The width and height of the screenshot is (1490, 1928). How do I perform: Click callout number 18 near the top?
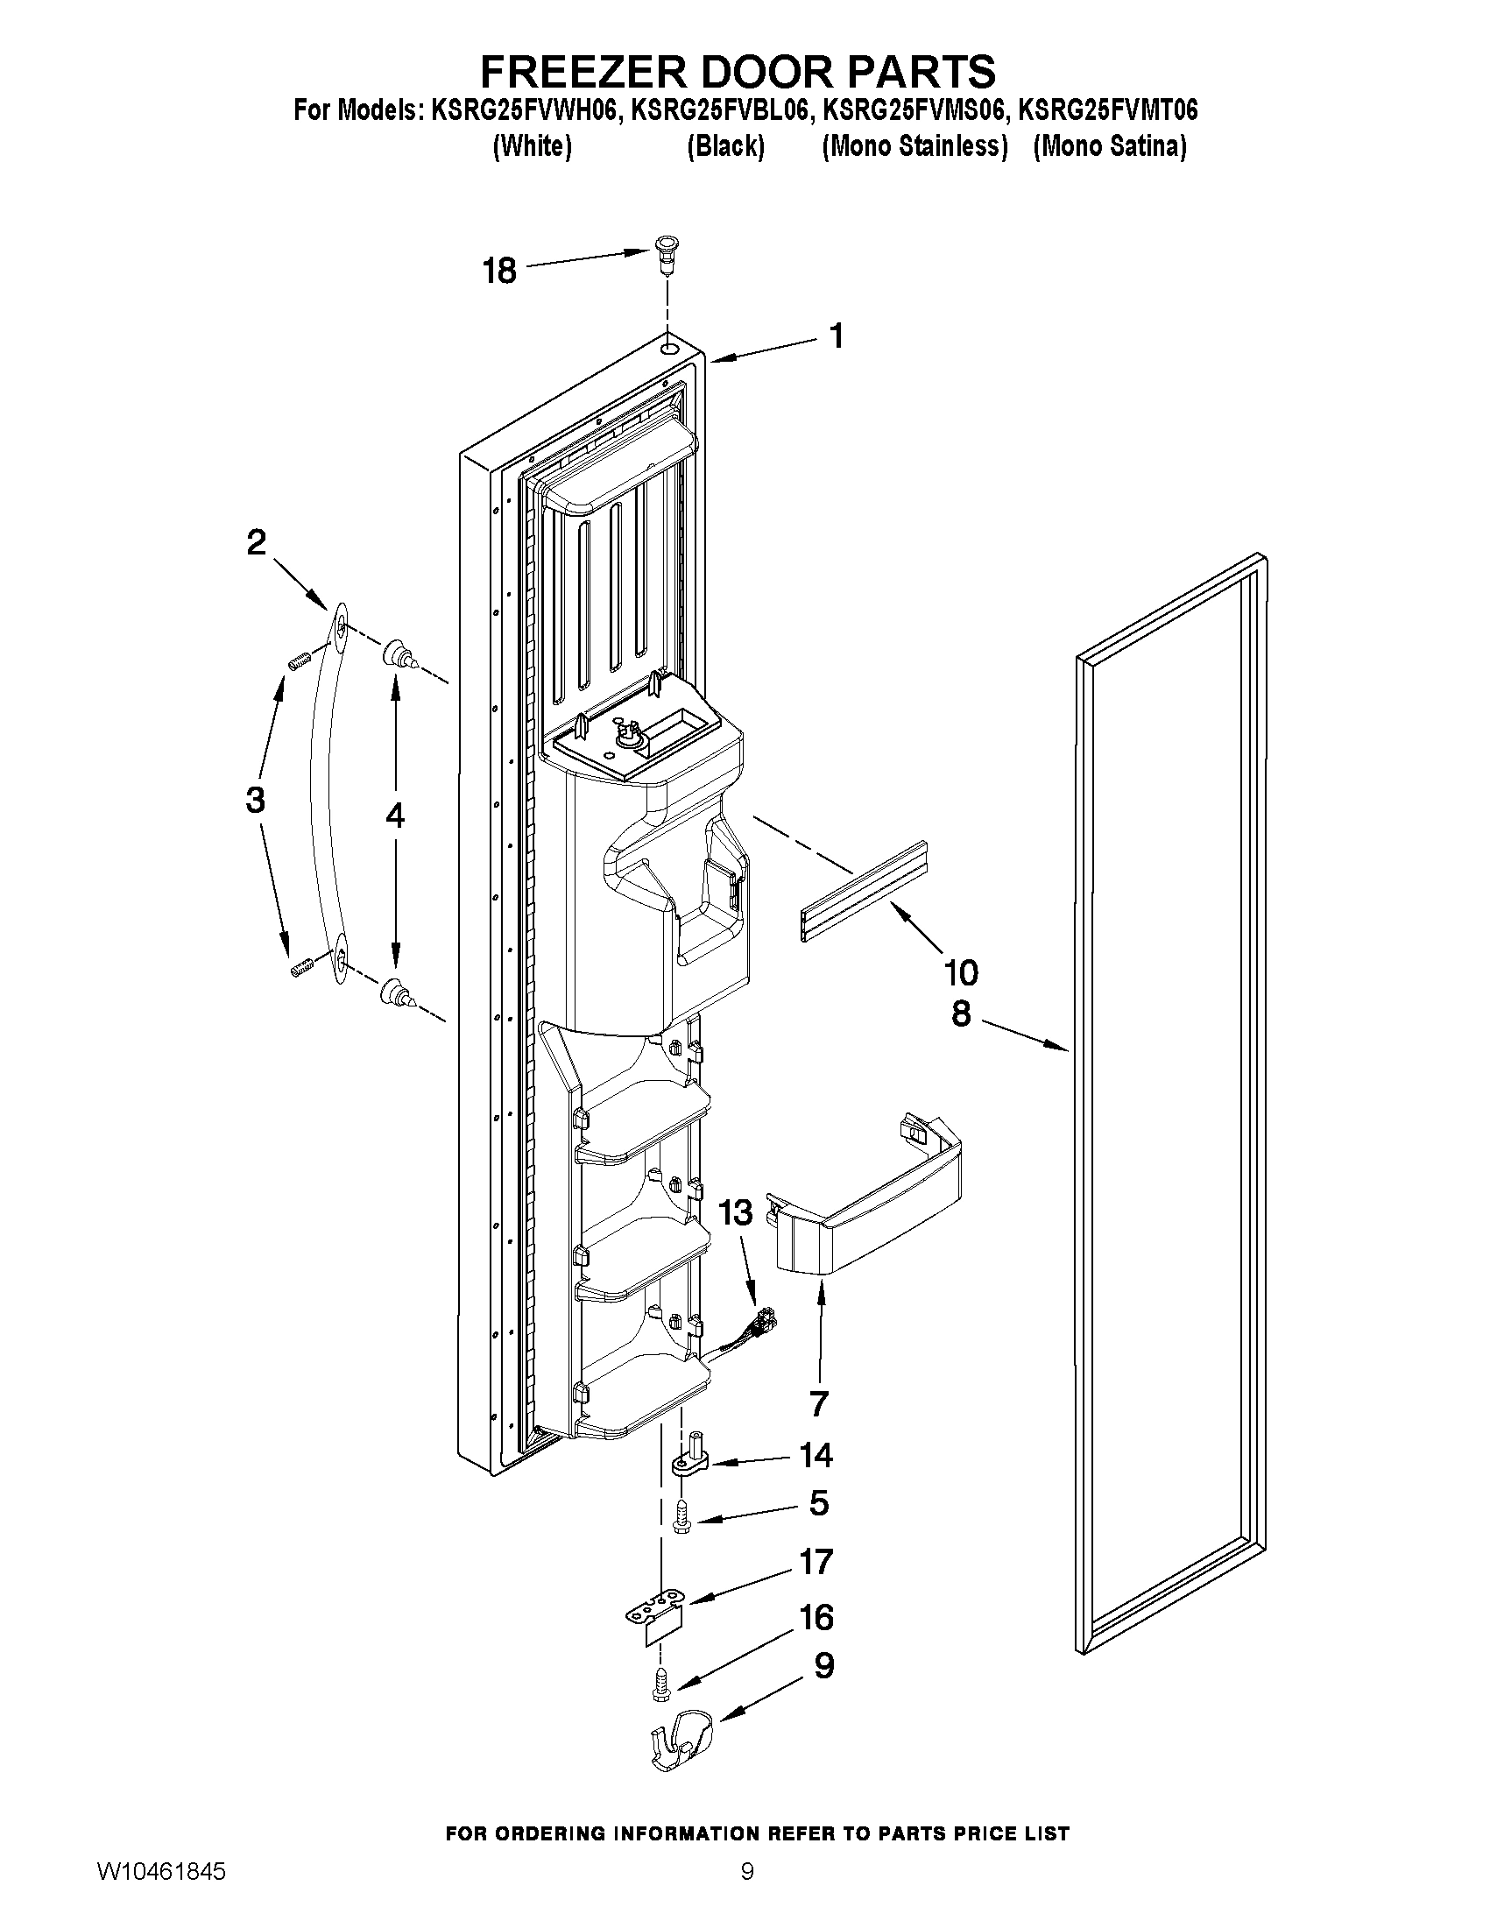click(498, 270)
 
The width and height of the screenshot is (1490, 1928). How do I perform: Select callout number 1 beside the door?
click(835, 335)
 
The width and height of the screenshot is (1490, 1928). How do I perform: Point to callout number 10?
click(960, 973)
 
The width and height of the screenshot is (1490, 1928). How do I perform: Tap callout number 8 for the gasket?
click(960, 1013)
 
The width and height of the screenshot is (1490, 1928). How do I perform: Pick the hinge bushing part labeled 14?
click(694, 1461)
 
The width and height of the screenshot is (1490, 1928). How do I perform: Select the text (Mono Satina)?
click(1110, 145)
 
